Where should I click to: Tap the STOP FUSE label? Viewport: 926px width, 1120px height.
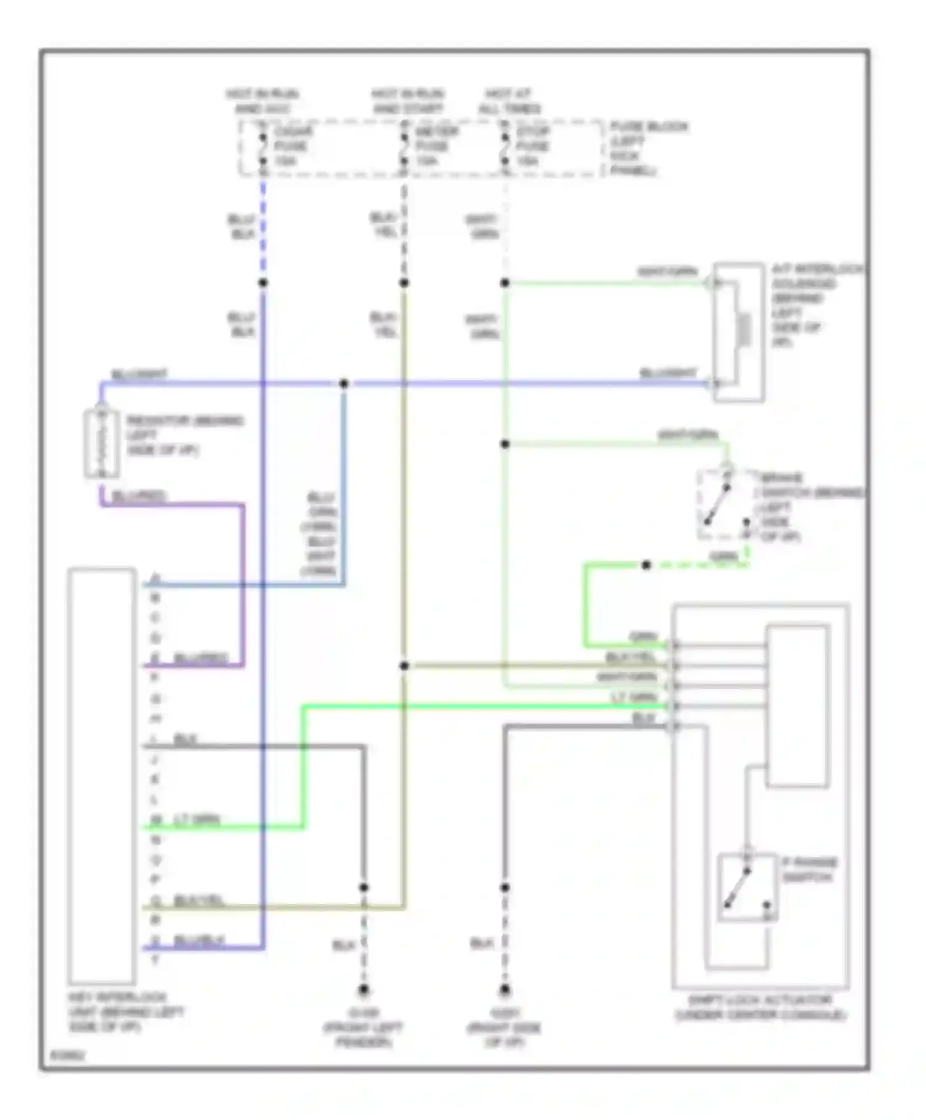(532, 146)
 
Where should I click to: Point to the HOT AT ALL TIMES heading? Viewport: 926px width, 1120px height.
(510, 101)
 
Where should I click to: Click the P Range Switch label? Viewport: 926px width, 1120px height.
(809, 869)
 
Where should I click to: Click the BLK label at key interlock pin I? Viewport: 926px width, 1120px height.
(185, 739)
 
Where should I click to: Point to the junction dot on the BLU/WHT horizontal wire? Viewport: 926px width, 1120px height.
(344, 383)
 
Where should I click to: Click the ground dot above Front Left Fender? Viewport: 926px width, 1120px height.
(364, 990)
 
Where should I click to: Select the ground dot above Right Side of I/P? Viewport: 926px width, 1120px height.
(504, 990)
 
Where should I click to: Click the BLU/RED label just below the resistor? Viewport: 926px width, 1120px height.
(139, 496)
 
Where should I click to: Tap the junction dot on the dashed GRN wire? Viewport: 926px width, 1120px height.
(646, 565)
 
